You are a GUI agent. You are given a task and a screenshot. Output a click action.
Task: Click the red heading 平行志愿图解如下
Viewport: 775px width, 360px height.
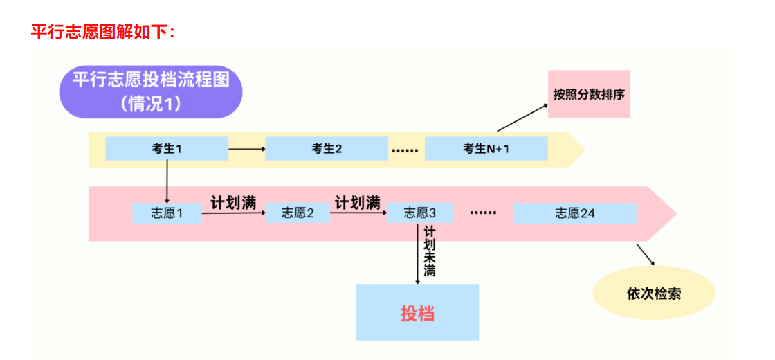(104, 31)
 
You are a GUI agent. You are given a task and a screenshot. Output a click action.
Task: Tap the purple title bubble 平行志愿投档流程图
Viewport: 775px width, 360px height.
(151, 91)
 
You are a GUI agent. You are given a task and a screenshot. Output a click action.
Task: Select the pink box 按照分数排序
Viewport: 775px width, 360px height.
(589, 94)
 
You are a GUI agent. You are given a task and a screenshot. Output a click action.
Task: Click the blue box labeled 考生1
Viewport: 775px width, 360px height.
(167, 149)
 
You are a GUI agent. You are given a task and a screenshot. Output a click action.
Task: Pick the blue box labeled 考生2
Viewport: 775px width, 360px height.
(327, 149)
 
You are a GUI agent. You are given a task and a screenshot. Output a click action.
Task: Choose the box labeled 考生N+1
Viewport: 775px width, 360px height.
(486, 149)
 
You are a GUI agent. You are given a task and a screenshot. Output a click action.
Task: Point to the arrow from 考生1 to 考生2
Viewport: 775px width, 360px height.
(247, 149)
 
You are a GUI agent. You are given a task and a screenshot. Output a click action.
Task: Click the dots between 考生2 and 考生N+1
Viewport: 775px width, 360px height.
(405, 150)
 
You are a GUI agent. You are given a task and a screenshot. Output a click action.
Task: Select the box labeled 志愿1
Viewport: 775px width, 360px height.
(167, 213)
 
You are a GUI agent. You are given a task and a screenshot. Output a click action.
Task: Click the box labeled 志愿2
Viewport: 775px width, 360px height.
(298, 213)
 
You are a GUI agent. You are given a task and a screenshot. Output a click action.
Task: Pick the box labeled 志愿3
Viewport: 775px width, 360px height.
(420, 213)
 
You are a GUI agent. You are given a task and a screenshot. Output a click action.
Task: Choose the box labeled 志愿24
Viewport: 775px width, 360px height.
(574, 213)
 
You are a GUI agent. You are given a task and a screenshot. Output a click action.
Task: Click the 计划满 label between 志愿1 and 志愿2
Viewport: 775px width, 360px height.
(233, 203)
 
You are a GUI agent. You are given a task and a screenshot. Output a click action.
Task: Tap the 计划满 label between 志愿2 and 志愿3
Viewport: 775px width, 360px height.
(358, 203)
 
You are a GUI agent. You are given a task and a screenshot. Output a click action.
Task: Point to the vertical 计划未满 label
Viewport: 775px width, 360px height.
(430, 251)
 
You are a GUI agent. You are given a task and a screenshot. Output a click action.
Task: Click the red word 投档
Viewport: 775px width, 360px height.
(417, 313)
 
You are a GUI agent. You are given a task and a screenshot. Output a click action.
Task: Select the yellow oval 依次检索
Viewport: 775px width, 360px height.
(654, 293)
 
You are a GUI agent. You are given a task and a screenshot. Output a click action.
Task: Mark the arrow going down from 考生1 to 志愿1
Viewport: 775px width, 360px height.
(167, 181)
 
